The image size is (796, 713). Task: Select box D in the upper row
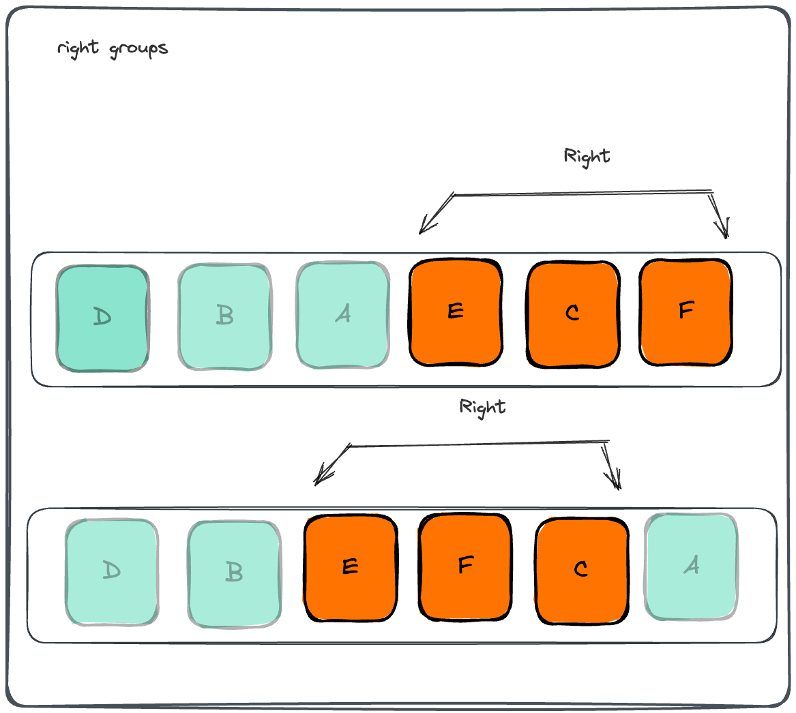(102, 318)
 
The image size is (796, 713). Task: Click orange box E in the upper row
(456, 312)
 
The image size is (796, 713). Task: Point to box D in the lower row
(112, 572)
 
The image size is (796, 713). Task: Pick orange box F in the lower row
(465, 566)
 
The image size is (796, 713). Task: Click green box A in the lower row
(692, 566)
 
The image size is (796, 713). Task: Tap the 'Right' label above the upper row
(587, 157)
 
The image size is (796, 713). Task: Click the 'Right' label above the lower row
(482, 408)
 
